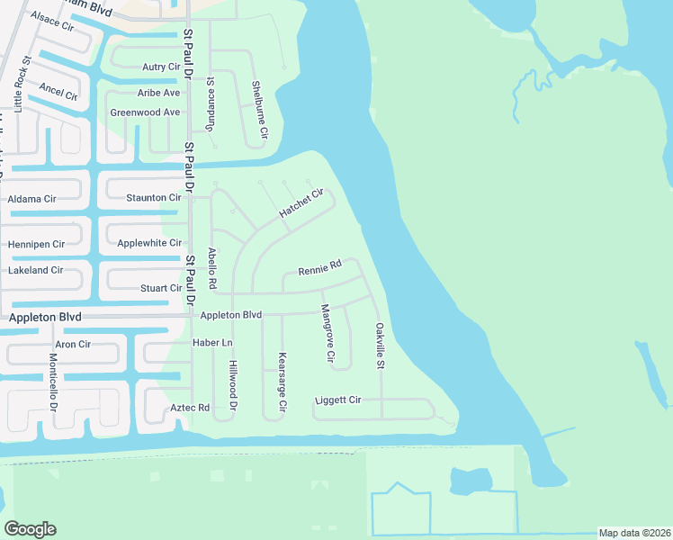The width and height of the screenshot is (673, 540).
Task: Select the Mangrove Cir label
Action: (x=328, y=334)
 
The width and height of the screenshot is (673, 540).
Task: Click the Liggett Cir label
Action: (x=338, y=400)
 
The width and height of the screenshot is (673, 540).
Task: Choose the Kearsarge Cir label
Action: (x=282, y=382)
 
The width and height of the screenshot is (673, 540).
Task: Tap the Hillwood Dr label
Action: (x=232, y=385)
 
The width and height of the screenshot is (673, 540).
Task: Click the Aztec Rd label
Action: (x=190, y=408)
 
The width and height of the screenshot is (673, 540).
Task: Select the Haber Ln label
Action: (x=212, y=343)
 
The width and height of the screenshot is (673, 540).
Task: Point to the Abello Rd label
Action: (x=212, y=268)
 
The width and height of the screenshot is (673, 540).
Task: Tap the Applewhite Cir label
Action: (x=149, y=243)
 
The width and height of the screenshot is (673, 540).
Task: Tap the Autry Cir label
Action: (x=161, y=67)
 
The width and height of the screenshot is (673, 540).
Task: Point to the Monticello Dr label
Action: (x=53, y=382)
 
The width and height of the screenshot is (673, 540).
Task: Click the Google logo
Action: (x=30, y=529)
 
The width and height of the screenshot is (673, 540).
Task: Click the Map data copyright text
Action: (x=633, y=533)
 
